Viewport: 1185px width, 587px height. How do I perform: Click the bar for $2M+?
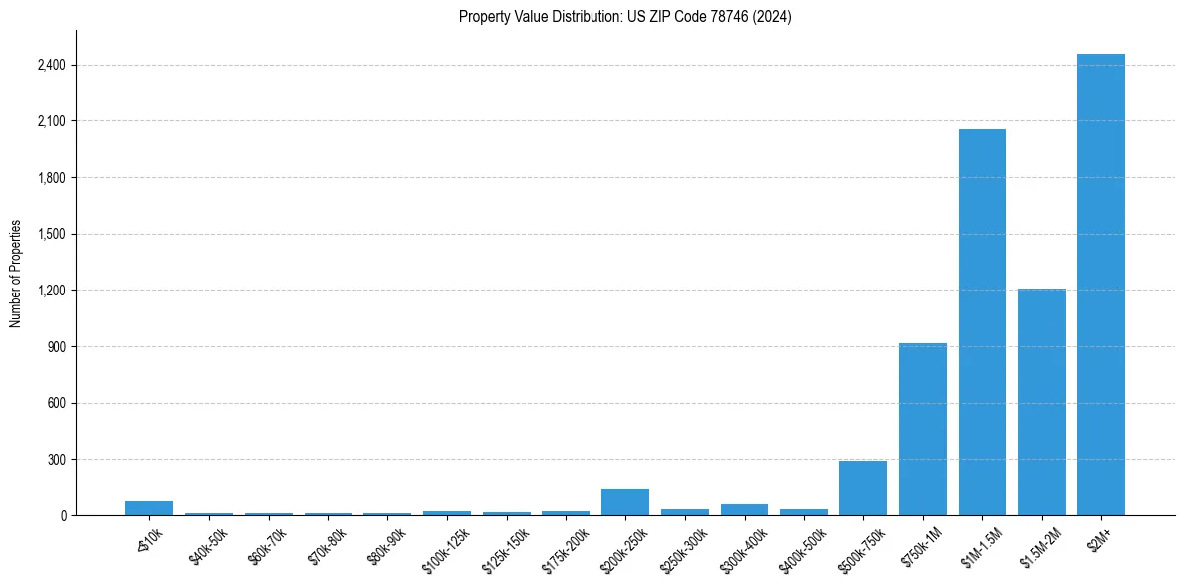(x=1100, y=285)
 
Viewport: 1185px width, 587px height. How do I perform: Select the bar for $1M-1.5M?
(x=982, y=322)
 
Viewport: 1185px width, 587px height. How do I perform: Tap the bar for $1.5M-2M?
(x=1042, y=402)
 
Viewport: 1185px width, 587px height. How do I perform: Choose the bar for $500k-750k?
(x=863, y=489)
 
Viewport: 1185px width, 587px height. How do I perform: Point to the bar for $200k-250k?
(x=625, y=502)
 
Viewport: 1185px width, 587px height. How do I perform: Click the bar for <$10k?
(x=149, y=508)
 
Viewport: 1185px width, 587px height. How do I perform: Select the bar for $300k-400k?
(x=744, y=510)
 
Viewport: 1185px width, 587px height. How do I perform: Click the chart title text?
(x=625, y=17)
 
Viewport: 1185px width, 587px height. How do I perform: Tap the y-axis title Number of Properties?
(x=16, y=273)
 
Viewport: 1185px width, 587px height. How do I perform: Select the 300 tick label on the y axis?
(x=56, y=460)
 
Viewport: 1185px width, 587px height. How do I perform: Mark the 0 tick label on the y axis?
(x=62, y=516)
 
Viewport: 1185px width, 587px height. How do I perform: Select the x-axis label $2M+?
(x=1102, y=537)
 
